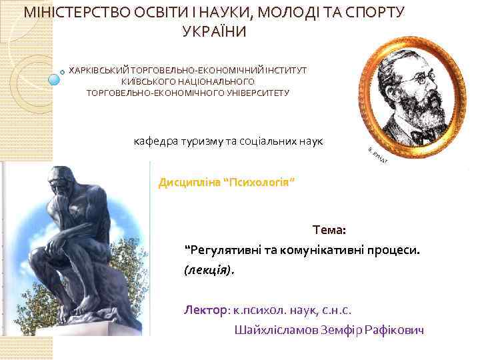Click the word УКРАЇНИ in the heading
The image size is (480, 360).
click(x=214, y=31)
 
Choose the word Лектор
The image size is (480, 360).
click(x=205, y=310)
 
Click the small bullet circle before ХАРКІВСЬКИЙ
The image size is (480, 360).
click(x=63, y=70)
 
